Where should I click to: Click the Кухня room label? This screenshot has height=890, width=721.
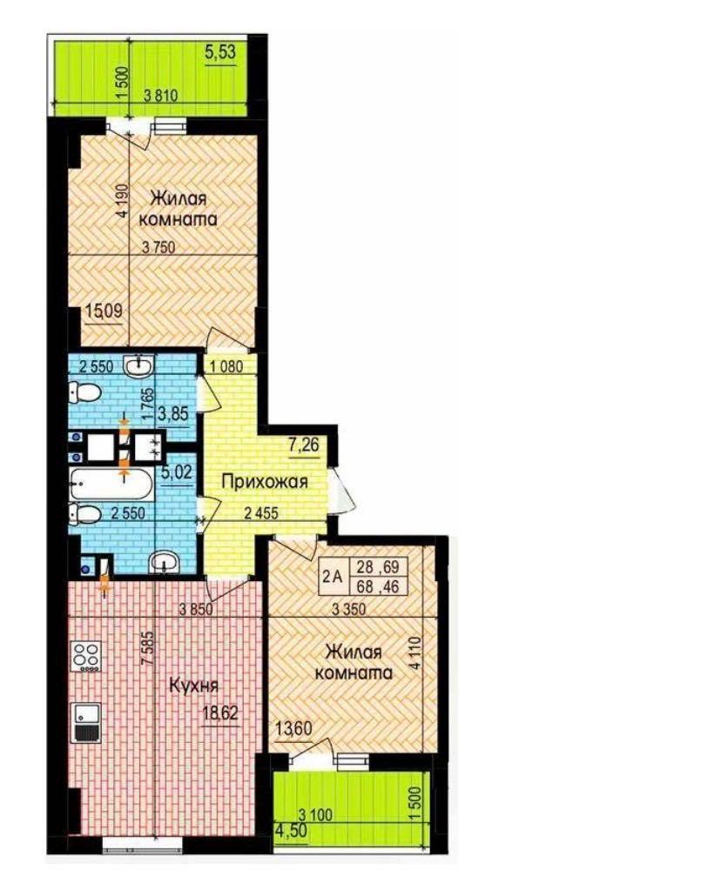pyautogui.click(x=193, y=686)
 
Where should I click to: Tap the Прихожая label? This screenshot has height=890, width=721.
pyautogui.click(x=265, y=483)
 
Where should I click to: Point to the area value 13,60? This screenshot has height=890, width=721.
pyautogui.click(x=294, y=727)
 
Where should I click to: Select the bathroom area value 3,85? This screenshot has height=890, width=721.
pyautogui.click(x=172, y=412)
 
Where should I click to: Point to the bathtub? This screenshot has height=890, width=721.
pyautogui.click(x=111, y=485)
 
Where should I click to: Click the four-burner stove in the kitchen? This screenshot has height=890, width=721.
pyautogui.click(x=86, y=658)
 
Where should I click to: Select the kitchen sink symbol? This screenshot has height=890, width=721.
pyautogui.click(x=86, y=721)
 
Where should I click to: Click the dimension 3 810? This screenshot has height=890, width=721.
pyautogui.click(x=161, y=96)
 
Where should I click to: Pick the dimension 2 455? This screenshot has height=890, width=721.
pyautogui.click(x=261, y=513)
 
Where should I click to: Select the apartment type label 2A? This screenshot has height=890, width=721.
pyautogui.click(x=333, y=577)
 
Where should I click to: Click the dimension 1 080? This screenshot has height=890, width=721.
pyautogui.click(x=226, y=366)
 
